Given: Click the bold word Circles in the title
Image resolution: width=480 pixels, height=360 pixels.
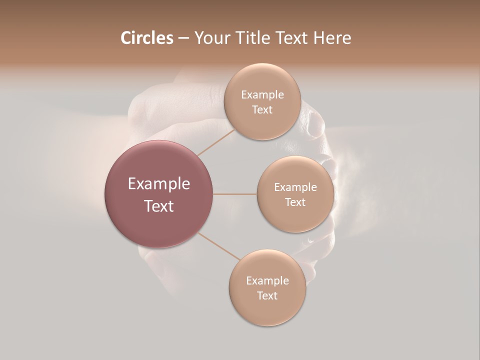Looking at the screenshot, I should click(147, 38).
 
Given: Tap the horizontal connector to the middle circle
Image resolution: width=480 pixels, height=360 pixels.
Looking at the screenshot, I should click(235, 194).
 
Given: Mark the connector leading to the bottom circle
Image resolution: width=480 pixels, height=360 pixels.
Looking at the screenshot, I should click(219, 246).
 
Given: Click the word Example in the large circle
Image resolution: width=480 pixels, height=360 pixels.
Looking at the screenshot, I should click(159, 184).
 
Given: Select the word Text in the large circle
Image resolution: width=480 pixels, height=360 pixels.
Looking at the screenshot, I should click(159, 206).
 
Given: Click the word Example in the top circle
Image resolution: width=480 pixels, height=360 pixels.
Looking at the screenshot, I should click(262, 95).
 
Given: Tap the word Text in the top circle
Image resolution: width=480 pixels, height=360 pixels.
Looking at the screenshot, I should click(262, 110).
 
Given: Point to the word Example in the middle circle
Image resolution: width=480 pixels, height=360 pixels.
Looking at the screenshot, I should click(295, 187).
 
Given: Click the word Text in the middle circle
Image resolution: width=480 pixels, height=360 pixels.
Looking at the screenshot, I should click(295, 202).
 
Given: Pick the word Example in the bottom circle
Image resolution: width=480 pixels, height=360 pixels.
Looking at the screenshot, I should click(267, 281).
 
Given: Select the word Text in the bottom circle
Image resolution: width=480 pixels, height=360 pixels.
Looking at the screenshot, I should click(267, 296).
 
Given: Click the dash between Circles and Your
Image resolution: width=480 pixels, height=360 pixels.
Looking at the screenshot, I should click(183, 38).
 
